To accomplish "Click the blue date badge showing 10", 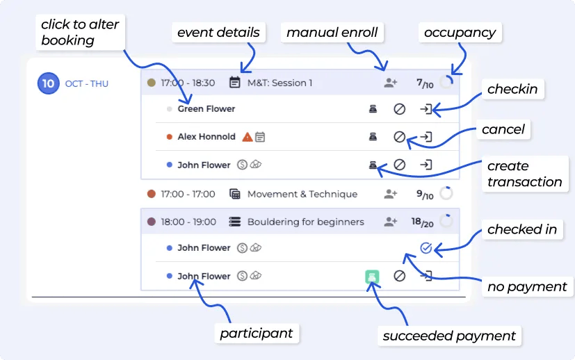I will pos(48,83).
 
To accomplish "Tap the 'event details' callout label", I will pos(218,33).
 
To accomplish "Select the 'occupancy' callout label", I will pos(460,33).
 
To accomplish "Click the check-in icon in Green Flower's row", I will pos(426,109).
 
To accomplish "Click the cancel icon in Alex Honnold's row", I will pos(400,137).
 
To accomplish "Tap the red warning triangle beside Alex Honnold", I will pos(247,137).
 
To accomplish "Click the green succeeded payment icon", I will pos(373,276).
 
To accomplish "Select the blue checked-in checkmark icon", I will pos(426,248).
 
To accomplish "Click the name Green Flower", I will pos(206,109).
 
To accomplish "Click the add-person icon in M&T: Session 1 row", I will pos(391,83).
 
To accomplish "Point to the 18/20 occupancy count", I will pos(422,222).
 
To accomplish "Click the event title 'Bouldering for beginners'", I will pos(305,222).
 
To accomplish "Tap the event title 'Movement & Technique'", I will pos(302,195).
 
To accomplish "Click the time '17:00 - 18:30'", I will pos(188,83).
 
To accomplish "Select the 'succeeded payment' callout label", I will pos(449,336).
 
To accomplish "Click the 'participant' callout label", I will pos(257,334).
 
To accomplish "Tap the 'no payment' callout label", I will pos(528,286).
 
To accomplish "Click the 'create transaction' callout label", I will pos(524,174).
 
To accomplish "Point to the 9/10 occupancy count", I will pos(424,195).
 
